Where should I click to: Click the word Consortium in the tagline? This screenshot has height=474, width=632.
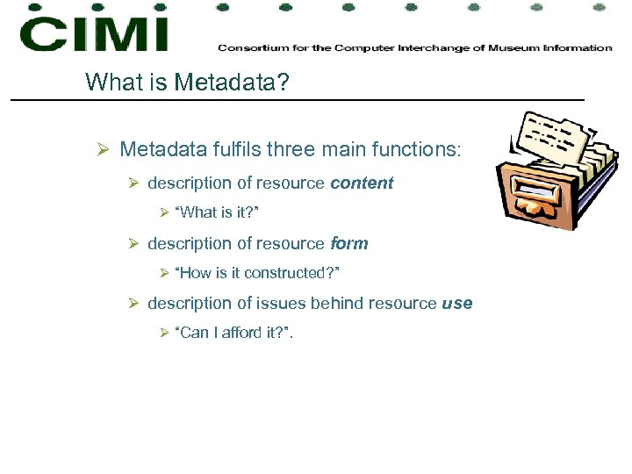pos(247,47)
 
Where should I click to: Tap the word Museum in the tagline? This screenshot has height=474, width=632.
pos(512,47)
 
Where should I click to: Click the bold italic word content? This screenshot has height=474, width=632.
pos(362,183)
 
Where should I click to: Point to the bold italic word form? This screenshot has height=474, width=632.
pos(348,243)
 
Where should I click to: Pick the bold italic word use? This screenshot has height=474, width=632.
pos(457,303)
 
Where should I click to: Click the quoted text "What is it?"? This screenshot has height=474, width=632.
pos(218,213)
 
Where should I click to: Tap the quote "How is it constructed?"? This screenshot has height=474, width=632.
pos(257,273)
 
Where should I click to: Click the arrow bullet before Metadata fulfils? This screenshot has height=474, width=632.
pos(102,150)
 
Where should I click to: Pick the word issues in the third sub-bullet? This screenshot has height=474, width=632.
pos(278,303)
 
